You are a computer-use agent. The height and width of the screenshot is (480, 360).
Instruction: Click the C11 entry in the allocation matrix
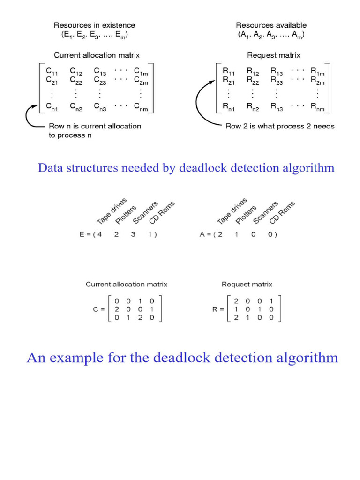click(52, 71)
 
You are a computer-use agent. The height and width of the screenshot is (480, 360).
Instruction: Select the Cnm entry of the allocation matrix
click(142, 109)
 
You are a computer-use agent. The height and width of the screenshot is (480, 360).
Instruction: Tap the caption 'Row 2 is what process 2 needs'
click(280, 126)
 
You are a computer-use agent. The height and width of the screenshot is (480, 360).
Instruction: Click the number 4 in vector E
click(98, 234)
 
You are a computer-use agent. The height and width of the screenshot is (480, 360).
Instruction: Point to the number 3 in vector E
click(133, 234)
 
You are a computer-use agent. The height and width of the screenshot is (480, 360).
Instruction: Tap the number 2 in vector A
click(219, 234)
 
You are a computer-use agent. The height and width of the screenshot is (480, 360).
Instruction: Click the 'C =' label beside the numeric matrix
click(99, 309)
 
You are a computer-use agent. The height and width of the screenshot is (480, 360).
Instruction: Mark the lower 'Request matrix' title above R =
click(247, 284)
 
